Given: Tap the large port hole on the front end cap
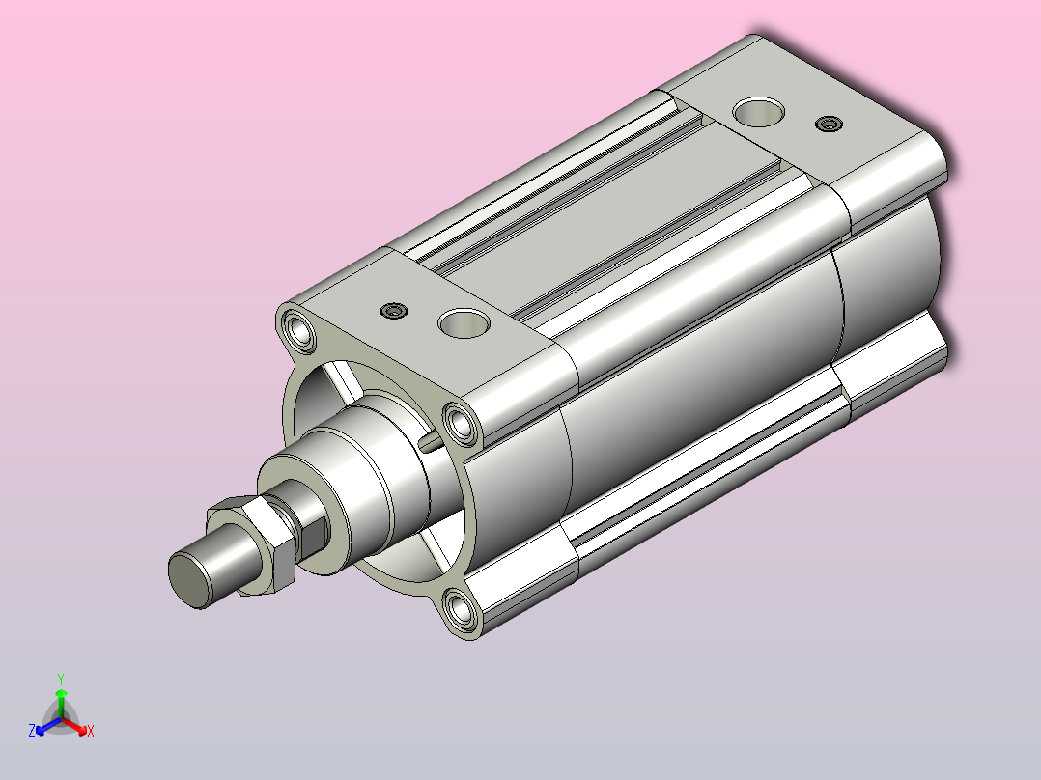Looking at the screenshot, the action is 464,323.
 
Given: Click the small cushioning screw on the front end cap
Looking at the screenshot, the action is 394,311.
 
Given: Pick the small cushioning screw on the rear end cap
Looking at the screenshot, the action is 829,124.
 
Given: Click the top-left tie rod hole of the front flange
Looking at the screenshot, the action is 298,329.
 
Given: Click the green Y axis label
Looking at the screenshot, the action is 61,679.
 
